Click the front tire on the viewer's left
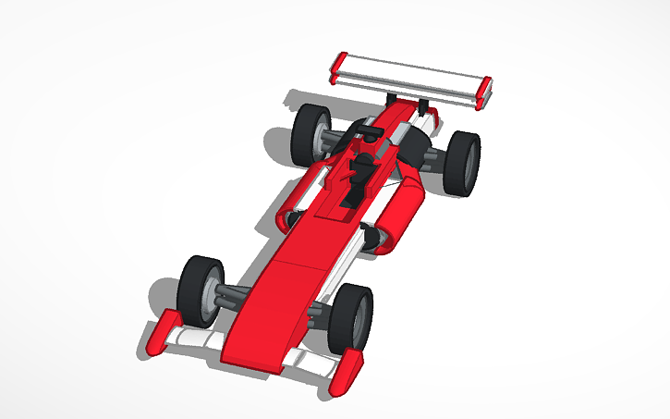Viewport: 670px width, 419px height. pos(199,290)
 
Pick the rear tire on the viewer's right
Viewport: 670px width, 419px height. pos(461,162)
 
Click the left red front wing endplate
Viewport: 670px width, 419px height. pos(161,335)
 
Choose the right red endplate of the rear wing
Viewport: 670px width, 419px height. pos(484,94)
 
